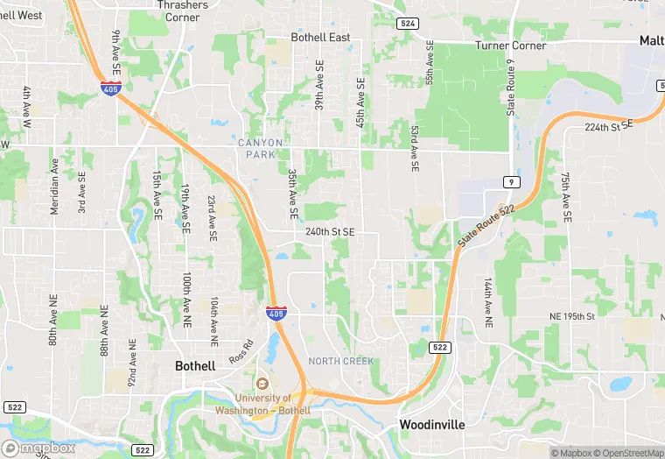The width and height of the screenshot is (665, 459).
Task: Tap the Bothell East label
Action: pyautogui.click(x=320, y=38)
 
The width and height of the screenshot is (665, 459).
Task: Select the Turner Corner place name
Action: pyautogui.click(x=510, y=46)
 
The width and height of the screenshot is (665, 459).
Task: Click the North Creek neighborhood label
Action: pyautogui.click(x=340, y=361)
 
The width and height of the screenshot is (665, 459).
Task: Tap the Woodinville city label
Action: pyautogui.click(x=432, y=424)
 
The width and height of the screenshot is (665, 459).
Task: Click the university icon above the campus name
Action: pyautogui.click(x=260, y=384)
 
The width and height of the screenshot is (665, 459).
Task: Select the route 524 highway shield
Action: pyautogui.click(x=406, y=24)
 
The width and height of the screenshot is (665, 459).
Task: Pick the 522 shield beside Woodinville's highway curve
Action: pyautogui.click(x=440, y=348)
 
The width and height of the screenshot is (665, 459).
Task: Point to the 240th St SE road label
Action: pyautogui.click(x=330, y=232)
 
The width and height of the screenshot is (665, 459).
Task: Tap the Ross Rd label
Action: pyautogui.click(x=240, y=358)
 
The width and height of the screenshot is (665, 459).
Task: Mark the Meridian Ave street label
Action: pyautogui.click(x=54, y=186)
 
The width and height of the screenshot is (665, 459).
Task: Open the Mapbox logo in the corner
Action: pyautogui.click(x=38, y=448)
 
